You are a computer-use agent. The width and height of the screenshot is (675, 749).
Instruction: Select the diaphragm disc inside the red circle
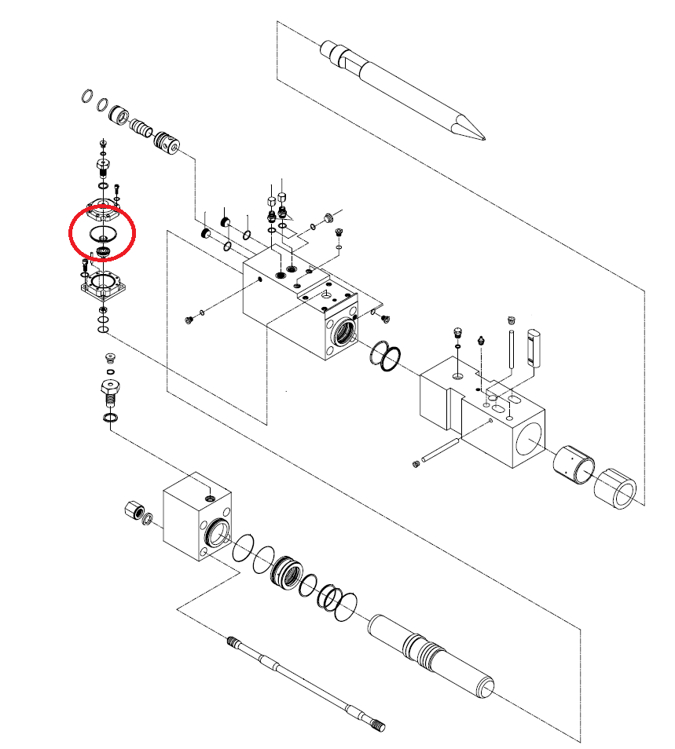(102, 233)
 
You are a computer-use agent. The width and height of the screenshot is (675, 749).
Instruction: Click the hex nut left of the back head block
(133, 511)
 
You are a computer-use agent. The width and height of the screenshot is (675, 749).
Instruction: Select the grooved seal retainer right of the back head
(287, 571)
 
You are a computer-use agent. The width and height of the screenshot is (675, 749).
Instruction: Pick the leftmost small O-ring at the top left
(86, 97)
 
